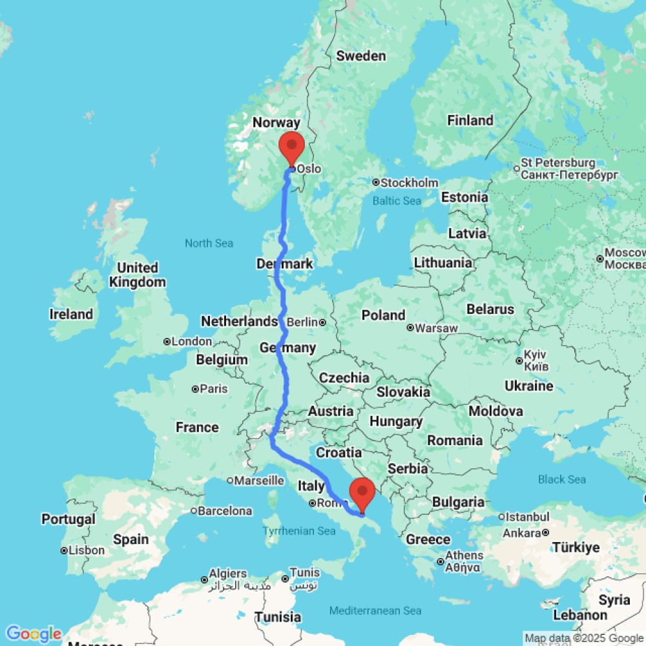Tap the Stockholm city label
point(409,183)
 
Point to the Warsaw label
point(436,328)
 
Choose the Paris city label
point(214,389)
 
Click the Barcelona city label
point(225,511)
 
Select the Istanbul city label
point(528,517)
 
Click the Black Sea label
point(562,479)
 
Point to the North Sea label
point(209,244)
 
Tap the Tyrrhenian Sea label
point(299,531)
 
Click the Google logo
point(33,634)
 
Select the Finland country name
point(470,120)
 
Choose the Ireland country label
point(71,315)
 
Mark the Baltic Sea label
point(397,201)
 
